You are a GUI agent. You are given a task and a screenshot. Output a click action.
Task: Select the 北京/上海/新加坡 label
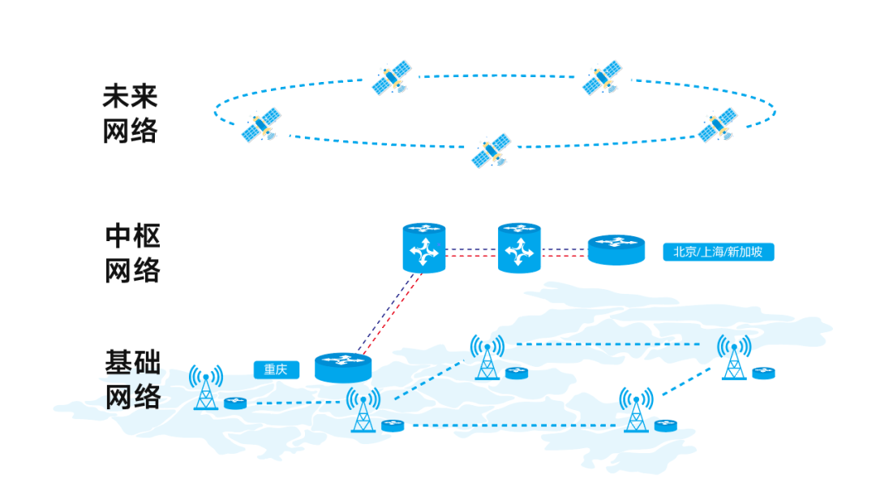click(718, 252)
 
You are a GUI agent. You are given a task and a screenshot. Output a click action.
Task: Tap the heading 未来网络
click(130, 114)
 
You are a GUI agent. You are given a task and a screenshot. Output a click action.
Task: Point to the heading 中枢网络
click(133, 253)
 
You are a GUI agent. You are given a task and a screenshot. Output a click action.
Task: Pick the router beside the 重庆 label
click(342, 368)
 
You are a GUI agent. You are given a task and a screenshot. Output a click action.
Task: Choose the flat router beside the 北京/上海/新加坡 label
click(616, 249)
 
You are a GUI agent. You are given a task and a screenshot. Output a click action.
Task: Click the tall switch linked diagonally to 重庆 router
click(424, 248)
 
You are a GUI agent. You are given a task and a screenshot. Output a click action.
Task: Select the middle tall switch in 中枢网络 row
click(519, 248)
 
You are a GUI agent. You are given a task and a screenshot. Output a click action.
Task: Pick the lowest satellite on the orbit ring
click(492, 150)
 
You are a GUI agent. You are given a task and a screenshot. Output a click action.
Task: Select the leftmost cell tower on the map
click(206, 387)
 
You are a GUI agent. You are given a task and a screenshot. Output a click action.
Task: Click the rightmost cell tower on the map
click(734, 357)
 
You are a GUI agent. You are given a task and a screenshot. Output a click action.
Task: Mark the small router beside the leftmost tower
click(235, 403)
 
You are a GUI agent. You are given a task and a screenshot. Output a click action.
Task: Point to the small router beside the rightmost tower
click(763, 373)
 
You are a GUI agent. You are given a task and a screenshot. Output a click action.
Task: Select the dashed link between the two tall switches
click(472, 252)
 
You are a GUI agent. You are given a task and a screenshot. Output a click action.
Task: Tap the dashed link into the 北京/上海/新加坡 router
click(565, 252)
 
